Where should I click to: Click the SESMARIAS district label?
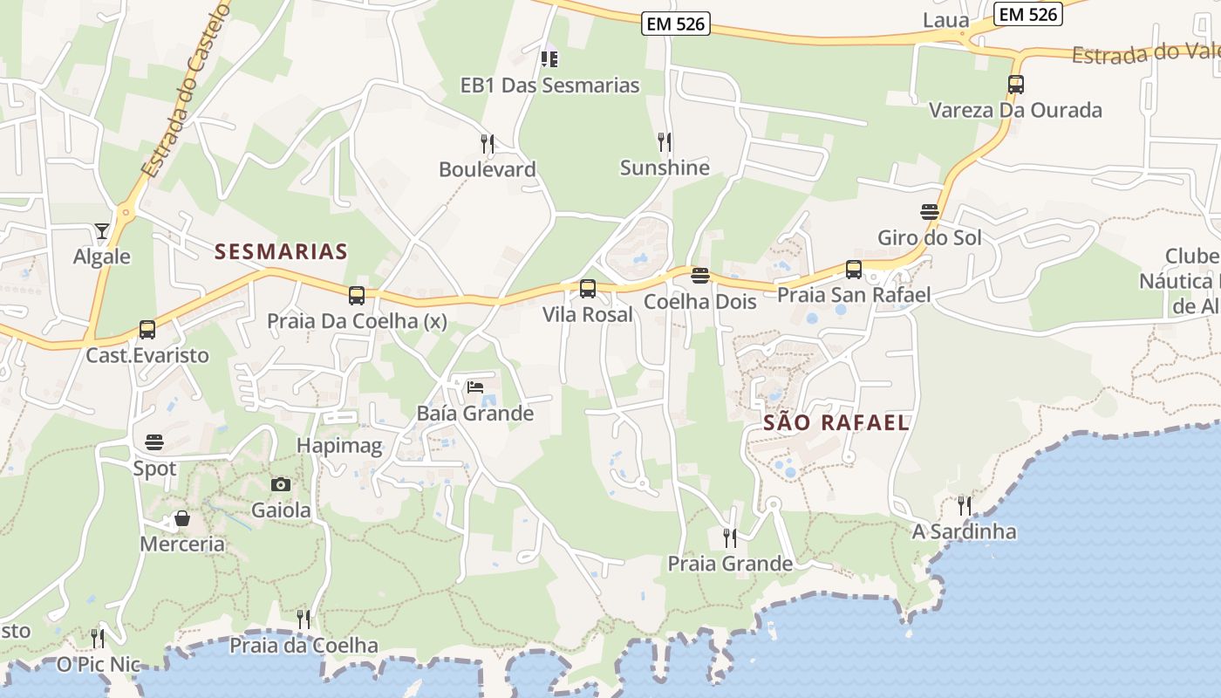pos(281,252)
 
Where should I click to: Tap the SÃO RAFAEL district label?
pos(836,423)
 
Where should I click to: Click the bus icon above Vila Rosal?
pos(588,289)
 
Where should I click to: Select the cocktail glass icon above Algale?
pos(102,231)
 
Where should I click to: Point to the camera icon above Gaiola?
pos(281,484)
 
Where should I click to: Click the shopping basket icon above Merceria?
pos(182,519)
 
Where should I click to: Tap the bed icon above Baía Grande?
pos(475,387)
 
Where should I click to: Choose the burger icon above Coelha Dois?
pos(699,277)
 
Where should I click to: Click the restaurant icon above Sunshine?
pos(665,141)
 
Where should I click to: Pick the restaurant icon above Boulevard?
pos(488,143)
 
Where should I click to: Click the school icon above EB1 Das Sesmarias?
pos(549,59)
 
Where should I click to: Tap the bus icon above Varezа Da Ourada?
pos(1015,85)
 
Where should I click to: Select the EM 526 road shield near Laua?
pos(1027,14)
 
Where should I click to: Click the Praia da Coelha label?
pos(304,646)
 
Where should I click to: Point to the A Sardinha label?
pos(964,531)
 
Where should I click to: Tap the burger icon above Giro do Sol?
pos(929,212)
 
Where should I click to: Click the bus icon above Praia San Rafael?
pos(854,270)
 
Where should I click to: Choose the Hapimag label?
pos(339,447)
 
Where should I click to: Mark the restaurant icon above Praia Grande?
pos(730,537)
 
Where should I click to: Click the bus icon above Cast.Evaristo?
pos(147,330)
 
